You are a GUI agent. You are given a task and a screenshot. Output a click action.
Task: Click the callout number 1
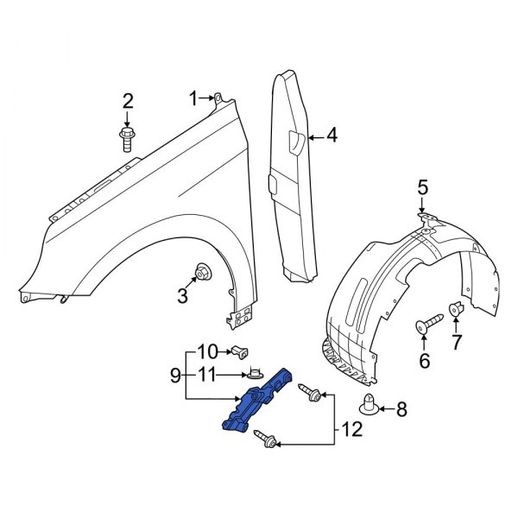[x=194, y=97]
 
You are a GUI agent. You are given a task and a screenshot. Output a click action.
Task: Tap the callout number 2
[x=128, y=102]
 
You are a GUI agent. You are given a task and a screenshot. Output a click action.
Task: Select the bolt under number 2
[x=126, y=138]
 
